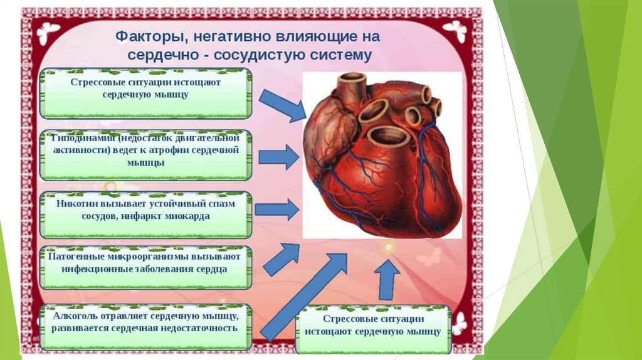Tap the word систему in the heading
pos(341,55)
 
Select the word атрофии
pos(181,150)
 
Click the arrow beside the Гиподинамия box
pos(278,156)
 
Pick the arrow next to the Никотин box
pos(276,209)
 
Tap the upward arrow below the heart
pos(389,278)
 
